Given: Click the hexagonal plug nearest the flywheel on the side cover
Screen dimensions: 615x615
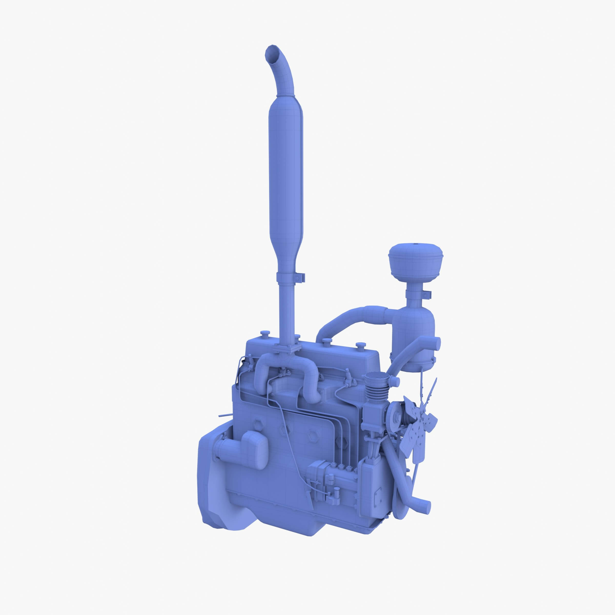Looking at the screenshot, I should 257,424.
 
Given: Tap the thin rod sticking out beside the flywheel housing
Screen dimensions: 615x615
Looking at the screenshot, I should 224,415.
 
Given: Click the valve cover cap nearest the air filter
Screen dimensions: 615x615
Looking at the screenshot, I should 360,345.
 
